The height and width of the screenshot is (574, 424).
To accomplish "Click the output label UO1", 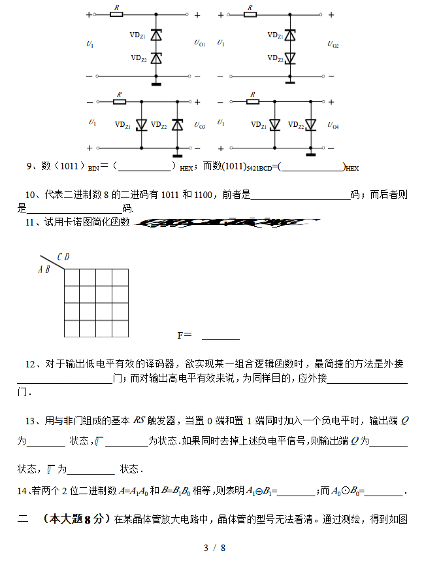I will coord(199,44).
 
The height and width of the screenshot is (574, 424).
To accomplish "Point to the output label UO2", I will coord(333,45).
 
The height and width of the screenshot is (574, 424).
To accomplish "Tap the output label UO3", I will coord(199,126).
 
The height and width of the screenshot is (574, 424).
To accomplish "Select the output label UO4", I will coord(333,126).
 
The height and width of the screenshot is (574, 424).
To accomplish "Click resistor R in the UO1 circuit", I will coord(118,14).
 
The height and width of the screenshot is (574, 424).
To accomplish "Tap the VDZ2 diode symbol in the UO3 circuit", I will coord(176,124).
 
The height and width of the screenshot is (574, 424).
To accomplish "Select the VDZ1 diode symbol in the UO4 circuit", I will coord(274,124).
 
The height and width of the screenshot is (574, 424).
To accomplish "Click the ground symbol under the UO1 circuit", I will coord(156,82).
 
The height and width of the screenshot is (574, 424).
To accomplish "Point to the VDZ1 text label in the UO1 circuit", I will coord(138,35).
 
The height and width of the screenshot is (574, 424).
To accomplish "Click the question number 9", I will coord(29,166).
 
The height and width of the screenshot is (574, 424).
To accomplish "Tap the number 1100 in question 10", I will coord(203,194).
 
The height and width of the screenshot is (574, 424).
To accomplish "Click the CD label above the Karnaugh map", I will coord(63,257).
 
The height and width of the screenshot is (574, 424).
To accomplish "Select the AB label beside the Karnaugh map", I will coord(44,269).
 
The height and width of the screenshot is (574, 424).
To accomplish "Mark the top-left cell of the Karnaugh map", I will coord(72,278).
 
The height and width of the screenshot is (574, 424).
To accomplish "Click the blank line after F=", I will coord(220,336).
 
